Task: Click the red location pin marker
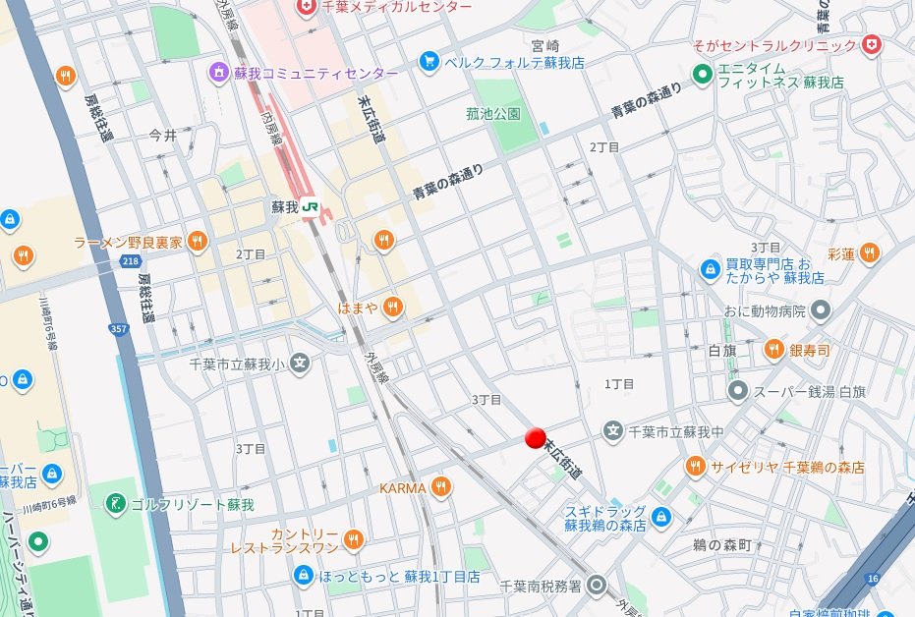(536, 437)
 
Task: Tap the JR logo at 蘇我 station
(312, 207)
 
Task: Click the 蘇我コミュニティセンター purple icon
(218, 73)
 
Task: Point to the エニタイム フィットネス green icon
(702, 75)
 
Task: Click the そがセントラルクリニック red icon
(871, 45)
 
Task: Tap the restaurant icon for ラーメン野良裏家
(197, 241)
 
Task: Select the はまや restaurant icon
(392, 307)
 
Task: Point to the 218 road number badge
(131, 260)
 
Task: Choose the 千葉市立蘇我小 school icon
(300, 365)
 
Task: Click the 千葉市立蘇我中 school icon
(613, 430)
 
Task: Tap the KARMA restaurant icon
(441, 486)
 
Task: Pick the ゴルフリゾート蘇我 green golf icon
(116, 504)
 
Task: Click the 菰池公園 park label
(493, 114)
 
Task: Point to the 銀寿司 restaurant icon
(774, 350)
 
